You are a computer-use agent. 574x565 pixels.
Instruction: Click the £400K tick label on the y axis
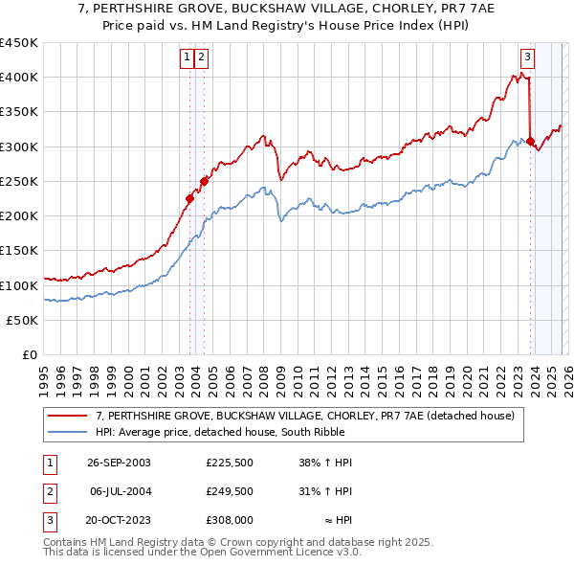pyautogui.click(x=19, y=78)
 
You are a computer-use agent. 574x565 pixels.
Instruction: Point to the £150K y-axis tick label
pyautogui.click(x=19, y=251)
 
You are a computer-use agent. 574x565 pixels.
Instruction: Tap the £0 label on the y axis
pyautogui.click(x=29, y=355)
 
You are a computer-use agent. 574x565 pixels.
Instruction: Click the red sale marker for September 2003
pyautogui.click(x=189, y=199)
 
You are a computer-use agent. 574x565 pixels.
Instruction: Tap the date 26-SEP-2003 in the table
pyautogui.click(x=119, y=463)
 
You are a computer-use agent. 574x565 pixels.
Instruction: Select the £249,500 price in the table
pyautogui.click(x=230, y=490)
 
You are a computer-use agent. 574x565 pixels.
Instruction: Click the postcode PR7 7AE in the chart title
pyautogui.click(x=425, y=7)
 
